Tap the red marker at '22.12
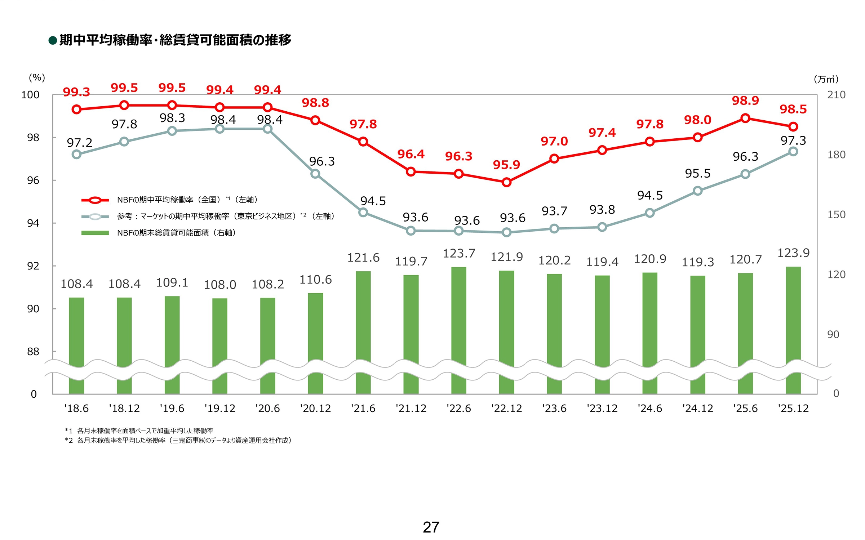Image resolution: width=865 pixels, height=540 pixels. pyautogui.click(x=506, y=182)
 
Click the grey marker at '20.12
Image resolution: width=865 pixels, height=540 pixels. pyautogui.click(x=315, y=174)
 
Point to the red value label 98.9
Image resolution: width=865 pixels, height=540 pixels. pyautogui.click(x=745, y=101)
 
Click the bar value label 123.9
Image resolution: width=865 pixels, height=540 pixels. pyautogui.click(x=793, y=253)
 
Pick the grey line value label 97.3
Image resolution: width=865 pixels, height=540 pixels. pyautogui.click(x=793, y=140)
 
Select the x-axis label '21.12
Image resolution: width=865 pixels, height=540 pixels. pyautogui.click(x=411, y=409)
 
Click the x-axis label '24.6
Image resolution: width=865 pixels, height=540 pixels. pyautogui.click(x=650, y=409)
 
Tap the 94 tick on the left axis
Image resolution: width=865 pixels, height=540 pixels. pyautogui.click(x=33, y=223)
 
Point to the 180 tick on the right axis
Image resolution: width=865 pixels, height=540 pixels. pyautogui.click(x=836, y=155)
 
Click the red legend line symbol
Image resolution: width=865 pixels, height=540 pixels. pyautogui.click(x=95, y=200)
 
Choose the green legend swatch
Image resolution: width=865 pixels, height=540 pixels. pyautogui.click(x=95, y=233)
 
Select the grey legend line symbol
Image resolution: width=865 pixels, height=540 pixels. pyautogui.click(x=95, y=217)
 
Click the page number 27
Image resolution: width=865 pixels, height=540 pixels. pyautogui.click(x=431, y=527)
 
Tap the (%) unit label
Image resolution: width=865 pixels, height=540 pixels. pyautogui.click(x=37, y=78)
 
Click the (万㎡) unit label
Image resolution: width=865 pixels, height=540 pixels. pyautogui.click(x=826, y=79)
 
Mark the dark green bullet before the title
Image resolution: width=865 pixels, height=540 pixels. pyautogui.click(x=53, y=40)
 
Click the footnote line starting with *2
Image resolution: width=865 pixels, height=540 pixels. pyautogui.click(x=178, y=440)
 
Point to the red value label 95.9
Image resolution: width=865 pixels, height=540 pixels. pyautogui.click(x=506, y=165)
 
